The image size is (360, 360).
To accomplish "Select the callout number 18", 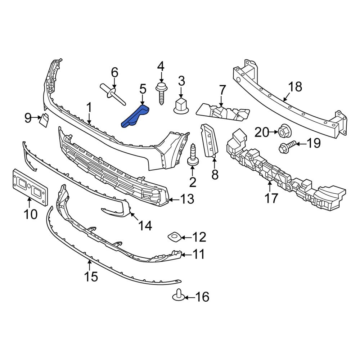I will coord(295,87).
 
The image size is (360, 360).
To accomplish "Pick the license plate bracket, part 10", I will coord(31,187).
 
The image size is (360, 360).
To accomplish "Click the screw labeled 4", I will coord(161,93).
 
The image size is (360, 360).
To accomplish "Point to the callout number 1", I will coord(89,108).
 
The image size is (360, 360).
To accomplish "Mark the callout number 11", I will coord(198,255).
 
